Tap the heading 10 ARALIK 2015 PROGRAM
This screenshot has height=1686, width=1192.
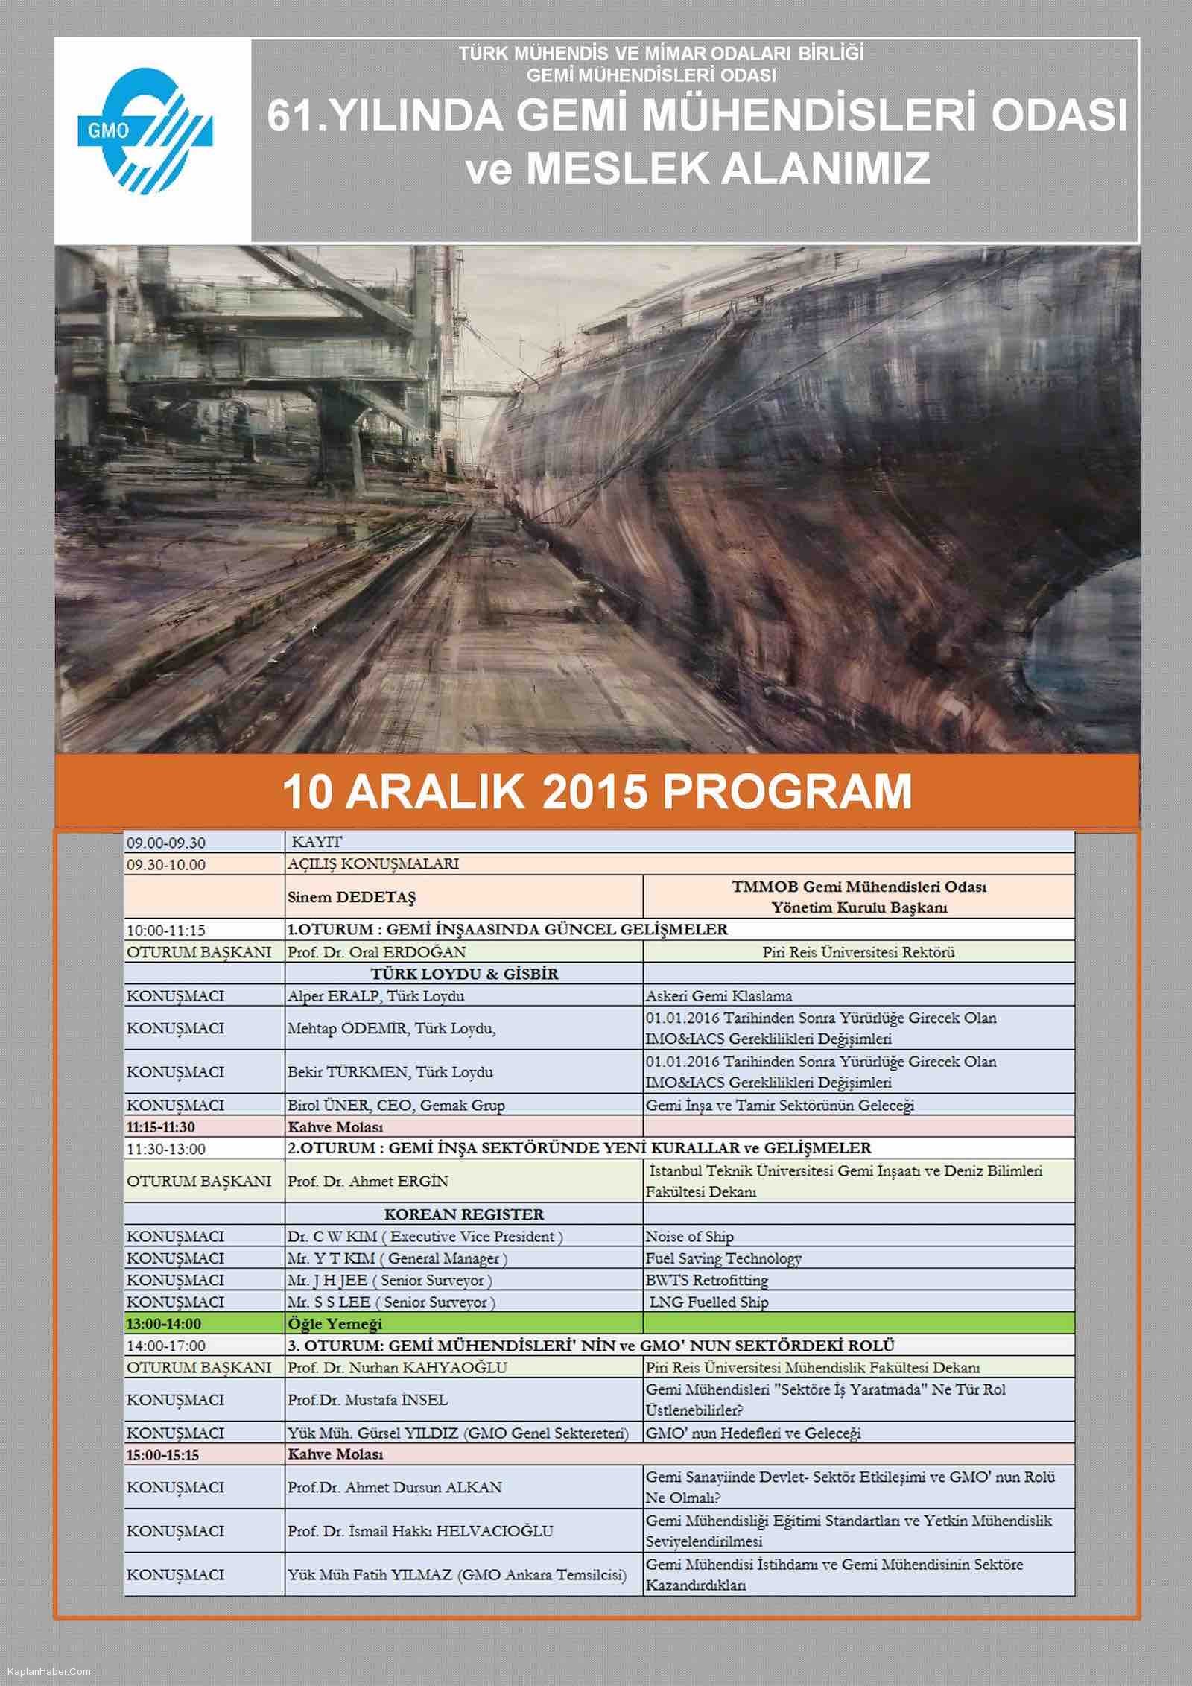pyautogui.click(x=596, y=792)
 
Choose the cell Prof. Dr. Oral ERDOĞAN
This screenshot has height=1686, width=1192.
pyautogui.click(x=375, y=951)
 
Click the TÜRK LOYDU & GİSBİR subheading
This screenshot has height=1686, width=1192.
pyautogui.click(x=464, y=974)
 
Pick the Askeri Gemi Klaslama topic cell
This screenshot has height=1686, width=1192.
pyautogui.click(x=718, y=995)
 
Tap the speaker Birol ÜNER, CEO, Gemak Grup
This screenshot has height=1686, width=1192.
pyautogui.click(x=396, y=1105)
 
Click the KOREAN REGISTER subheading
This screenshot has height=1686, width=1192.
pyautogui.click(x=463, y=1214)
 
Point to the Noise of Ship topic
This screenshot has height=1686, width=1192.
pyautogui.click(x=689, y=1237)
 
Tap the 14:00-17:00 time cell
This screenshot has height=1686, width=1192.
pyautogui.click(x=166, y=1346)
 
